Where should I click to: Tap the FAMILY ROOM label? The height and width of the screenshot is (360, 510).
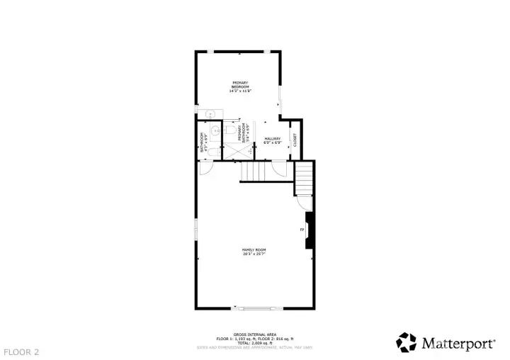(x=254, y=249)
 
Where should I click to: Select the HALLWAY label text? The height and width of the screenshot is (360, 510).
(x=273, y=138)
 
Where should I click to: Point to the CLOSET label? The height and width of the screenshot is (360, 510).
(x=295, y=140)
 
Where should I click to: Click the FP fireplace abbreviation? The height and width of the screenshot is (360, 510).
(x=302, y=230)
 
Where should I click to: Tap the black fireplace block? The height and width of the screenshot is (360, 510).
(x=309, y=230)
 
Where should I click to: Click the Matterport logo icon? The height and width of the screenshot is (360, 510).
(x=407, y=342)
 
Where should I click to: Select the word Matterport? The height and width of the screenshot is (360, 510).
(x=458, y=344)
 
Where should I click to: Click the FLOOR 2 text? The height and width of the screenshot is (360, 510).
(x=21, y=351)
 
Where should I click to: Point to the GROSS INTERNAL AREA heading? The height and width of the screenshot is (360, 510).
(x=254, y=334)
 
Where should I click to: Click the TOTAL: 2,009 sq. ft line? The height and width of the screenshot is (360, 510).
(x=254, y=342)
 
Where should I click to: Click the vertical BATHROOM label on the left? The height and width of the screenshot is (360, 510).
(x=203, y=142)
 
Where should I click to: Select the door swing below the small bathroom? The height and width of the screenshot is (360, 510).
(x=204, y=168)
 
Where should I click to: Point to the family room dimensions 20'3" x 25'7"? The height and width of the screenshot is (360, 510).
(x=254, y=254)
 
